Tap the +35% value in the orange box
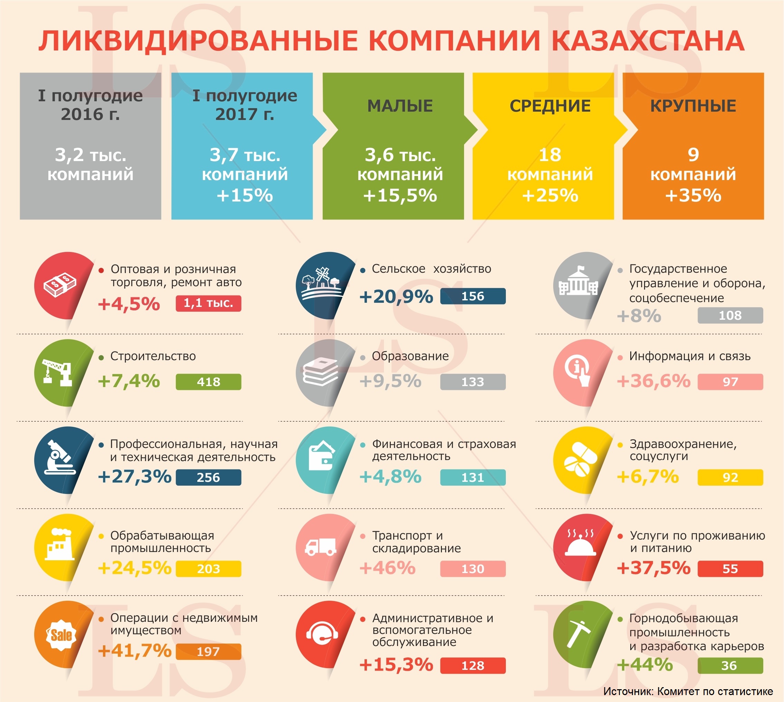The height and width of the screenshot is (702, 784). [x=693, y=195]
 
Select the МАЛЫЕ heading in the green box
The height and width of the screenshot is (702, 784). [x=400, y=106]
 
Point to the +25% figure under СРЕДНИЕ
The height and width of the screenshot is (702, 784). [x=550, y=195]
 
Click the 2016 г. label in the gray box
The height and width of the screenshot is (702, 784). [x=90, y=114]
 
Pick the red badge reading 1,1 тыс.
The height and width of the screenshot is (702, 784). [x=208, y=303]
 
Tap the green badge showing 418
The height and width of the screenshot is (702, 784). [x=208, y=382]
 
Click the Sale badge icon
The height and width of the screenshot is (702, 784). [x=61, y=635]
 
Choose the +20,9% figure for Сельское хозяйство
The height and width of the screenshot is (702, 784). [x=396, y=297]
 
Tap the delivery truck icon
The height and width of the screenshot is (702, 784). [x=320, y=546]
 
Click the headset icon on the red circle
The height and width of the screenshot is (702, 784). [x=322, y=635]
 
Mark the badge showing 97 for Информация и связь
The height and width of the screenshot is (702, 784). [x=730, y=382]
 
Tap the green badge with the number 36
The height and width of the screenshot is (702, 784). [x=730, y=666]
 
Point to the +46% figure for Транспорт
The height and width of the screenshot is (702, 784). [x=388, y=568]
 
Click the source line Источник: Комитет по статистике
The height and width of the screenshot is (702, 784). [x=688, y=691]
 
